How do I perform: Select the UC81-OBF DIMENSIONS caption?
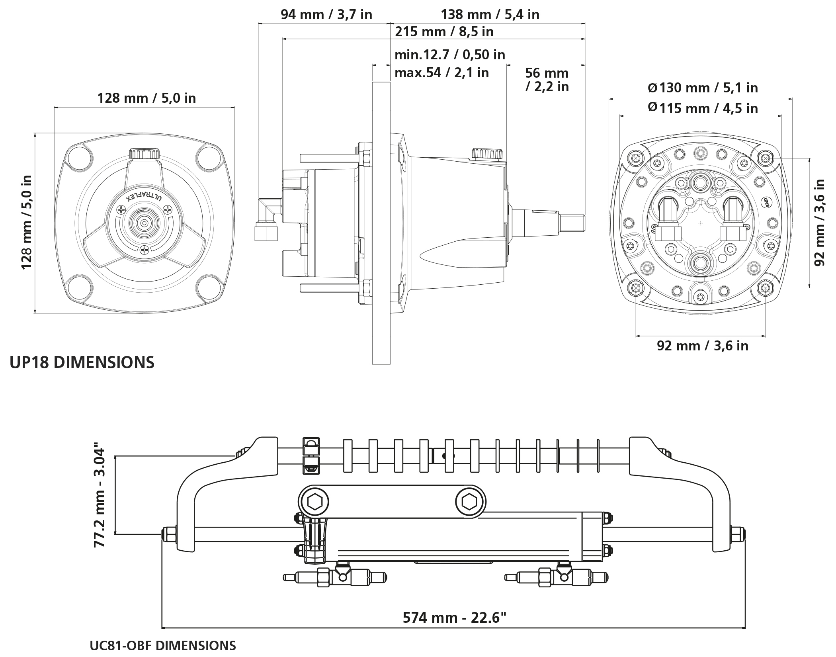click(162, 645)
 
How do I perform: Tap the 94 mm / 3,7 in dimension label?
click(326, 15)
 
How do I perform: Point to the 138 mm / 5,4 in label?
click(490, 15)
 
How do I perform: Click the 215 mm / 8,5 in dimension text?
click(444, 32)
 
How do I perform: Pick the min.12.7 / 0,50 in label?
click(449, 55)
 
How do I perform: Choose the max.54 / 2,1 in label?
click(441, 73)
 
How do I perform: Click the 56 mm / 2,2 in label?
click(547, 80)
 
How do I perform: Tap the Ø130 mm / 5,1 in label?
click(703, 88)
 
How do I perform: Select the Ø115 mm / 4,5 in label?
click(703, 108)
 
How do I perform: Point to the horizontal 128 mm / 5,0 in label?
click(146, 98)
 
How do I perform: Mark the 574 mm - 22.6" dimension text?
click(455, 618)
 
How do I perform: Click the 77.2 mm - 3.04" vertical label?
click(100, 497)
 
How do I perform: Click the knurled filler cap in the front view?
click(144, 153)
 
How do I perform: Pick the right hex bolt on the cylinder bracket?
click(470, 502)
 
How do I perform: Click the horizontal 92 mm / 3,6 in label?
click(702, 346)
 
